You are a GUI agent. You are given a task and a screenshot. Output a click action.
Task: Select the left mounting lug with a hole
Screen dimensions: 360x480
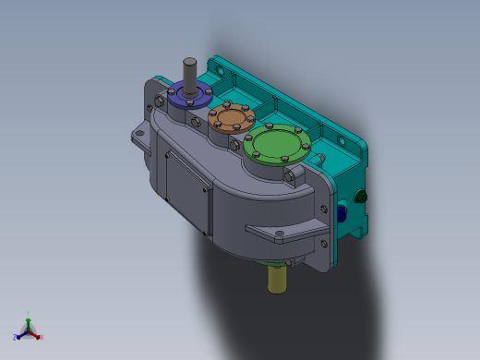click(x=139, y=138)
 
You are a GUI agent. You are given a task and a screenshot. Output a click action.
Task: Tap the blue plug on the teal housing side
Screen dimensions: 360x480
click(x=342, y=213)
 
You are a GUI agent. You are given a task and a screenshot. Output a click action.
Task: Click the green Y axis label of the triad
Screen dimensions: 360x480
click(x=29, y=313)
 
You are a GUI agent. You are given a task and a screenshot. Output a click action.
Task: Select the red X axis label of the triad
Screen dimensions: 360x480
click(x=42, y=338)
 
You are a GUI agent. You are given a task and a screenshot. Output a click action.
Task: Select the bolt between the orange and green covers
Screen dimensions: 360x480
click(x=247, y=138)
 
